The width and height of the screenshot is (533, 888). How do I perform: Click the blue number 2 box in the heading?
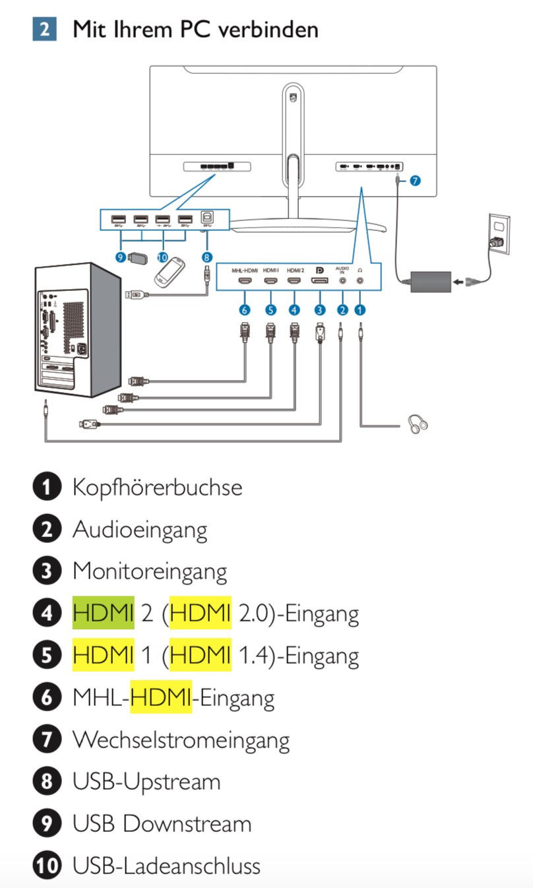point(44,30)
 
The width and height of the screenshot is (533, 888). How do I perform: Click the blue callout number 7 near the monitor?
point(414,179)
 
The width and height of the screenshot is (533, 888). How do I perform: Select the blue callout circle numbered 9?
point(120,258)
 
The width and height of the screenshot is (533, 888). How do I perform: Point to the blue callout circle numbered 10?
point(162,258)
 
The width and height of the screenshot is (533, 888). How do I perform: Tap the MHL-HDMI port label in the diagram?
point(245,270)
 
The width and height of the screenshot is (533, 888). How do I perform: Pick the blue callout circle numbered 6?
point(245,309)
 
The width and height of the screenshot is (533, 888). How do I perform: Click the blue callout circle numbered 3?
point(320,309)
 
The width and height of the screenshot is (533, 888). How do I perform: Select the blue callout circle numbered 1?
point(360,309)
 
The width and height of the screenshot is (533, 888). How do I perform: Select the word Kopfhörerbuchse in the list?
point(157,488)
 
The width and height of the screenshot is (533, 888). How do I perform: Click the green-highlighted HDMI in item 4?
point(103,614)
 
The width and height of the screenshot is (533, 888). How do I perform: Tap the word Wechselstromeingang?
point(181,740)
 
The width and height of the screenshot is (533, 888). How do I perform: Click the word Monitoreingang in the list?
point(150,571)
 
